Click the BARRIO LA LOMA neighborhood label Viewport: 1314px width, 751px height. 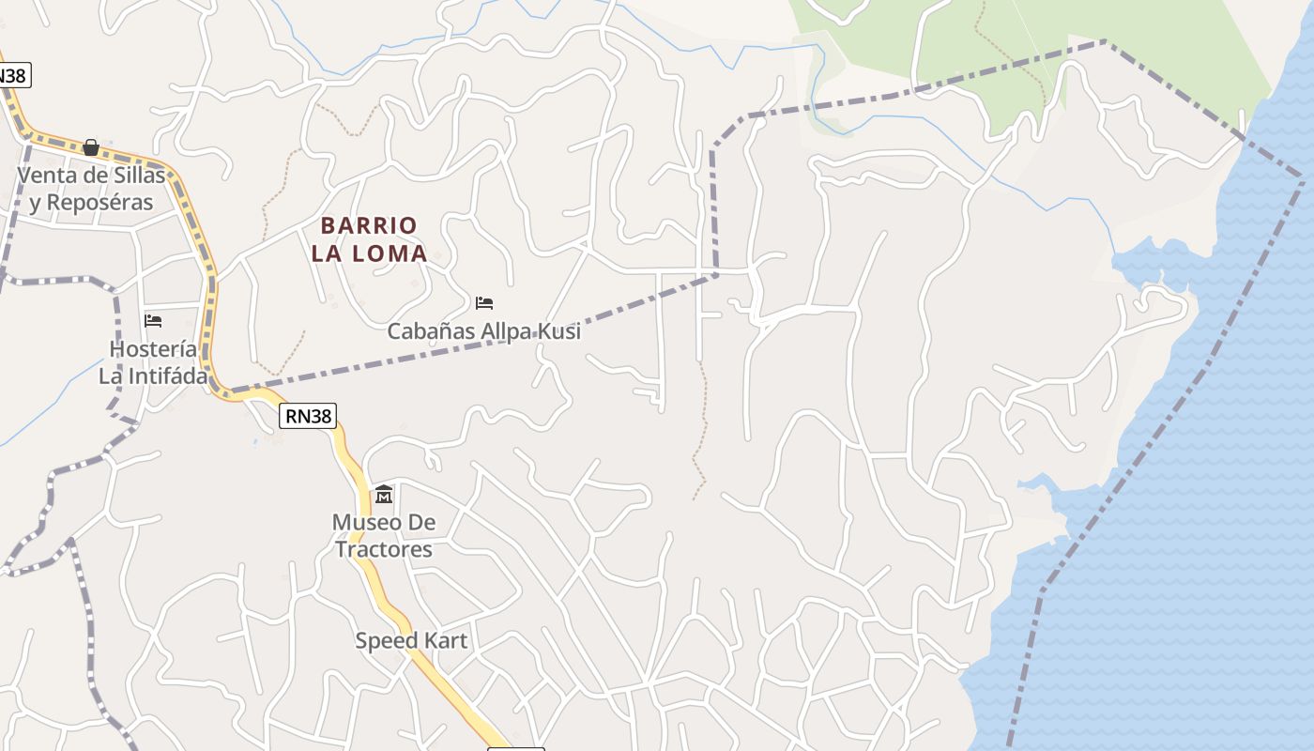(x=369, y=238)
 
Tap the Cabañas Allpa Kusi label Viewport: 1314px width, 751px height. (x=484, y=331)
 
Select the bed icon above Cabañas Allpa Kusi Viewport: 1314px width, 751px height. (x=484, y=303)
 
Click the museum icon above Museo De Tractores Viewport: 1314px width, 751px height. (x=384, y=495)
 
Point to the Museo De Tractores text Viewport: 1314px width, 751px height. (x=384, y=535)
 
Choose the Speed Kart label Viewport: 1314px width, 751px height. (x=411, y=641)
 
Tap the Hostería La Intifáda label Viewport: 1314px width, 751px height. (x=153, y=362)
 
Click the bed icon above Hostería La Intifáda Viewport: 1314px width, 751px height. (x=153, y=321)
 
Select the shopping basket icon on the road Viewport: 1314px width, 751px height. (x=91, y=147)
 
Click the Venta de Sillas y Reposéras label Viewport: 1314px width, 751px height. (x=91, y=189)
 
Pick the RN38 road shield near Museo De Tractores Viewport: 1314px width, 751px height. (x=307, y=416)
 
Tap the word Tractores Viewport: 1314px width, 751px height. (x=384, y=548)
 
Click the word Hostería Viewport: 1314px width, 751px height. (x=153, y=349)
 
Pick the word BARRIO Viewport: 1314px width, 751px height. (x=369, y=225)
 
